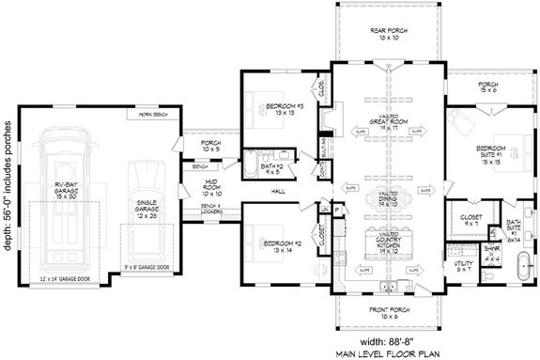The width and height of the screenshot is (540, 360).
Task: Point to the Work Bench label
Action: pos(154,115)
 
